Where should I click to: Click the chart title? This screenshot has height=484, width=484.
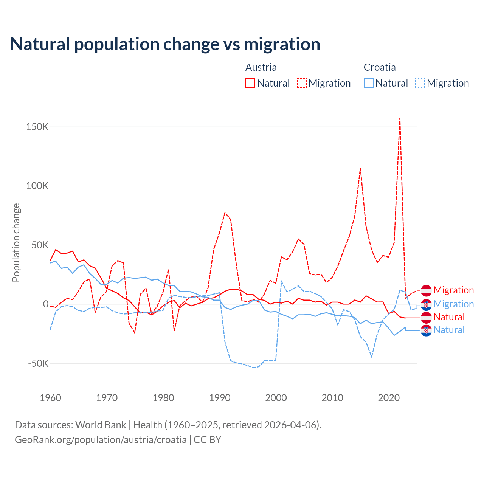(165, 44)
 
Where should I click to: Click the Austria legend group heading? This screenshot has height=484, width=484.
(261, 67)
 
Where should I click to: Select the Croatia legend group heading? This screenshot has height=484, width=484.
(380, 67)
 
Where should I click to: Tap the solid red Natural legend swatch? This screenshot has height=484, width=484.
(250, 83)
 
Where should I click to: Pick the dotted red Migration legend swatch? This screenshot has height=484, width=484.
(302, 83)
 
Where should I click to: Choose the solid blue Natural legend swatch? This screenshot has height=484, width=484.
(369, 83)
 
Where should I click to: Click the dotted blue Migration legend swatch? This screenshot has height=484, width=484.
(420, 83)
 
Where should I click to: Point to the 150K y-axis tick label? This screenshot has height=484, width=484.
(37, 127)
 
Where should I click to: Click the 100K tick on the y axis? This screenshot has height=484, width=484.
(37, 186)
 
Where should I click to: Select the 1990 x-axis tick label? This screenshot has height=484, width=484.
(220, 398)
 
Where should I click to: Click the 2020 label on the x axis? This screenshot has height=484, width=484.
(389, 398)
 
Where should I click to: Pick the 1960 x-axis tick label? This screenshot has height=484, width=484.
(50, 398)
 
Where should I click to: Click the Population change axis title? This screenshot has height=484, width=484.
(16, 242)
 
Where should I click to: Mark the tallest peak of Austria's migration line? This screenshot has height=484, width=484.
(400, 118)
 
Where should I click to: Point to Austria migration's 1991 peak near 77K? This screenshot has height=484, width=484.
(225, 213)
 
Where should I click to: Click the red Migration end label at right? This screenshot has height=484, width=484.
(453, 290)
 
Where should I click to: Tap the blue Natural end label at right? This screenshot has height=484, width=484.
(449, 330)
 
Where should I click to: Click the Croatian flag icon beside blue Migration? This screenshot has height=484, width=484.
(426, 304)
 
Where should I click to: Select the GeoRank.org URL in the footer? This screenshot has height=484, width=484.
(101, 440)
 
